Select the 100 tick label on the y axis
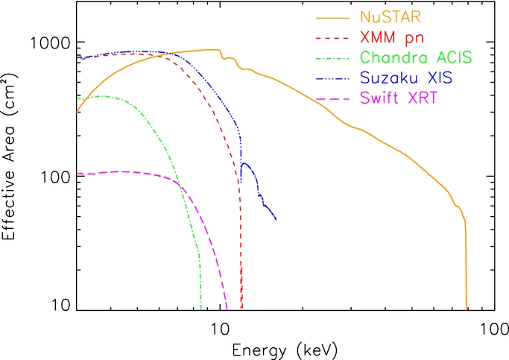point(54,177)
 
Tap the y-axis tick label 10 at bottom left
point(60,307)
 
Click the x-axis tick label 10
point(219,328)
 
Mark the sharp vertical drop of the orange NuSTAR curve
point(467,261)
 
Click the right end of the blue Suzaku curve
point(276,219)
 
